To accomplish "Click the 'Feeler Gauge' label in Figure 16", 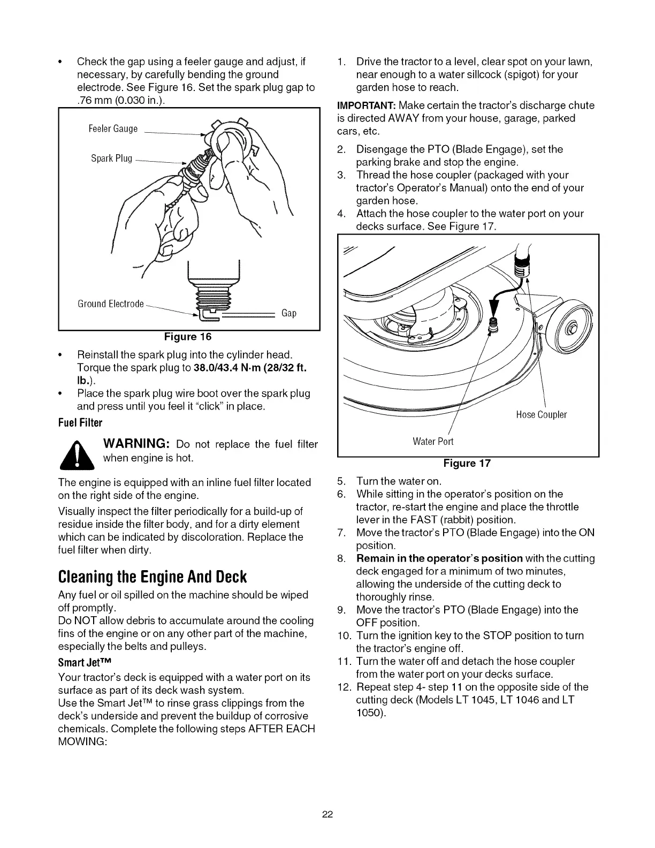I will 113,129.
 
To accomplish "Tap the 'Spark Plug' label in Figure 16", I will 111,158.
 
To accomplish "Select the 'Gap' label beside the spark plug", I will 289,313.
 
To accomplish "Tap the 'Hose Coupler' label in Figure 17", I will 541,415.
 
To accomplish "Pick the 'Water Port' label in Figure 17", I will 433,442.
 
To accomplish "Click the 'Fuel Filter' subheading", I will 80,423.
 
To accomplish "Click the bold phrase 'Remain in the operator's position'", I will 440,558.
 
